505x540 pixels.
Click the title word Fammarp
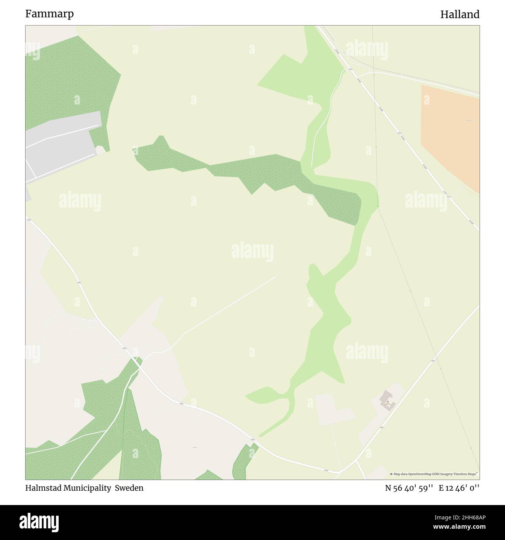tap(49, 14)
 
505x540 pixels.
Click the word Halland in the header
tap(460, 14)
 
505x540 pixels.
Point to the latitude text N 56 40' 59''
tap(409, 488)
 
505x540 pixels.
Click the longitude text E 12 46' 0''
tap(459, 488)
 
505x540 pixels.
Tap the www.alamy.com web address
tap(460, 527)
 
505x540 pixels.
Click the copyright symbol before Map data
tap(392, 474)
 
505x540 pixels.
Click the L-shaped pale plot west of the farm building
tap(330, 410)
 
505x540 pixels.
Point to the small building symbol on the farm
tap(387, 402)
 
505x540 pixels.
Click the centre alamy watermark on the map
tap(252, 253)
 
